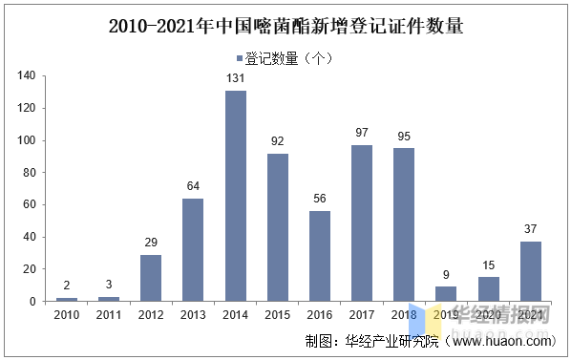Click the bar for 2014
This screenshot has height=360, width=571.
[x=235, y=196]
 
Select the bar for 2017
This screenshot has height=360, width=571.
[x=362, y=222]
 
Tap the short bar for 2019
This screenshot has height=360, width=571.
[x=446, y=293]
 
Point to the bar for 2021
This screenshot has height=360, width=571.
[x=530, y=271]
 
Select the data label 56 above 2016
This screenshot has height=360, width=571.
[x=320, y=200]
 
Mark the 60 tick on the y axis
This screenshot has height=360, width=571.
[x=30, y=204]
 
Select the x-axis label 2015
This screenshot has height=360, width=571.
[x=277, y=314]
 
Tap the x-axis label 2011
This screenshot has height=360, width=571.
[x=109, y=314]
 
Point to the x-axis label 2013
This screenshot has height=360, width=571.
[x=193, y=314]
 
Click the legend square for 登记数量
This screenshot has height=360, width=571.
[x=240, y=58]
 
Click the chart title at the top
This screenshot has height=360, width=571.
[x=285, y=26]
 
